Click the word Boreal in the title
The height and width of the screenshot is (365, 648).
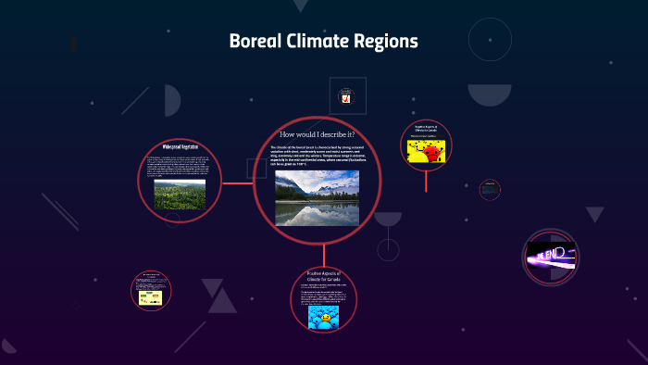coord(255,42)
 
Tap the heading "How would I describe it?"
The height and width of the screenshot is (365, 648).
coord(318,135)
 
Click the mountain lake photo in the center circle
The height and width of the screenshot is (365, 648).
coord(317,197)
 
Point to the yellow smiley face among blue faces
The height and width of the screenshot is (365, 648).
coord(325,319)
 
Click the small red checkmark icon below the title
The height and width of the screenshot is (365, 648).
coord(346,97)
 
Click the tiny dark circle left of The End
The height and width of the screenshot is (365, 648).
coord(490,190)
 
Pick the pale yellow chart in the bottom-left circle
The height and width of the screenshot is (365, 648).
coord(150,297)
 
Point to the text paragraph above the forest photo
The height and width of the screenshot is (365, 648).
coord(180,166)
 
